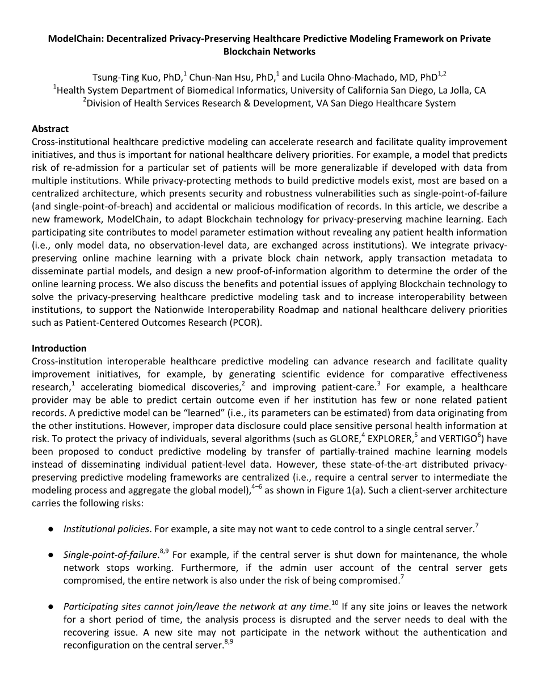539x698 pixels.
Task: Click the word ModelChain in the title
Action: click(73, 39)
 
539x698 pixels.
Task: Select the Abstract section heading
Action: click(50, 129)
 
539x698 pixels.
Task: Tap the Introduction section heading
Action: click(59, 348)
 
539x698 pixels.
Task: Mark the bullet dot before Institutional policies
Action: click(51, 529)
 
